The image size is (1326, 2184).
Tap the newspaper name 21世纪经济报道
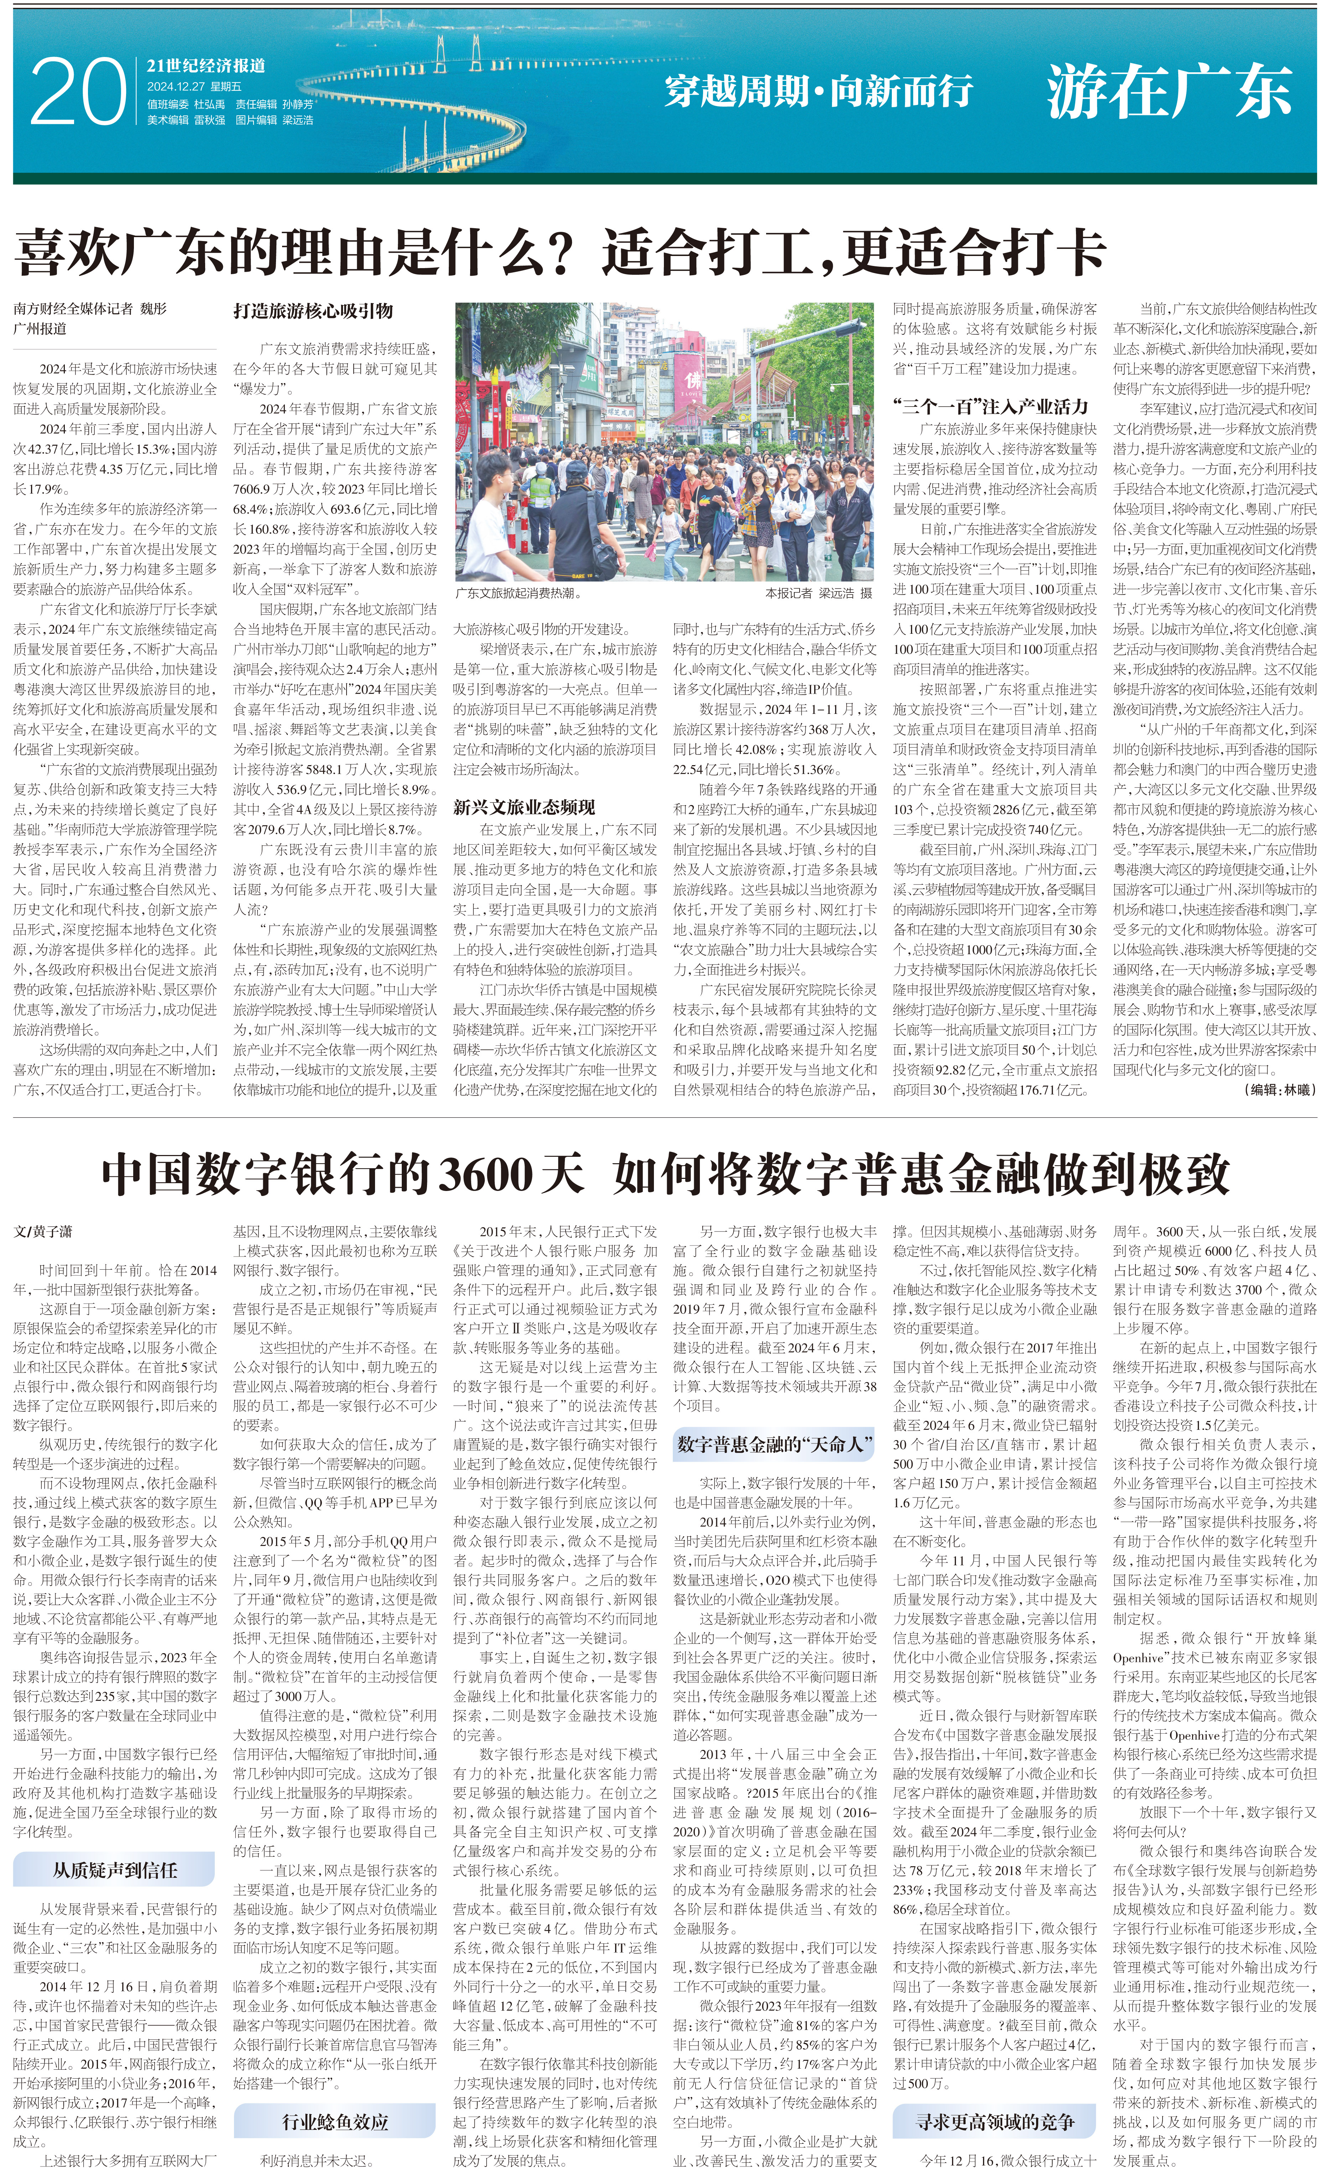[206, 66]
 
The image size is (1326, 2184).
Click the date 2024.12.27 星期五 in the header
[194, 87]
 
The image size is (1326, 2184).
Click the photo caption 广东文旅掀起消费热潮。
[519, 593]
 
